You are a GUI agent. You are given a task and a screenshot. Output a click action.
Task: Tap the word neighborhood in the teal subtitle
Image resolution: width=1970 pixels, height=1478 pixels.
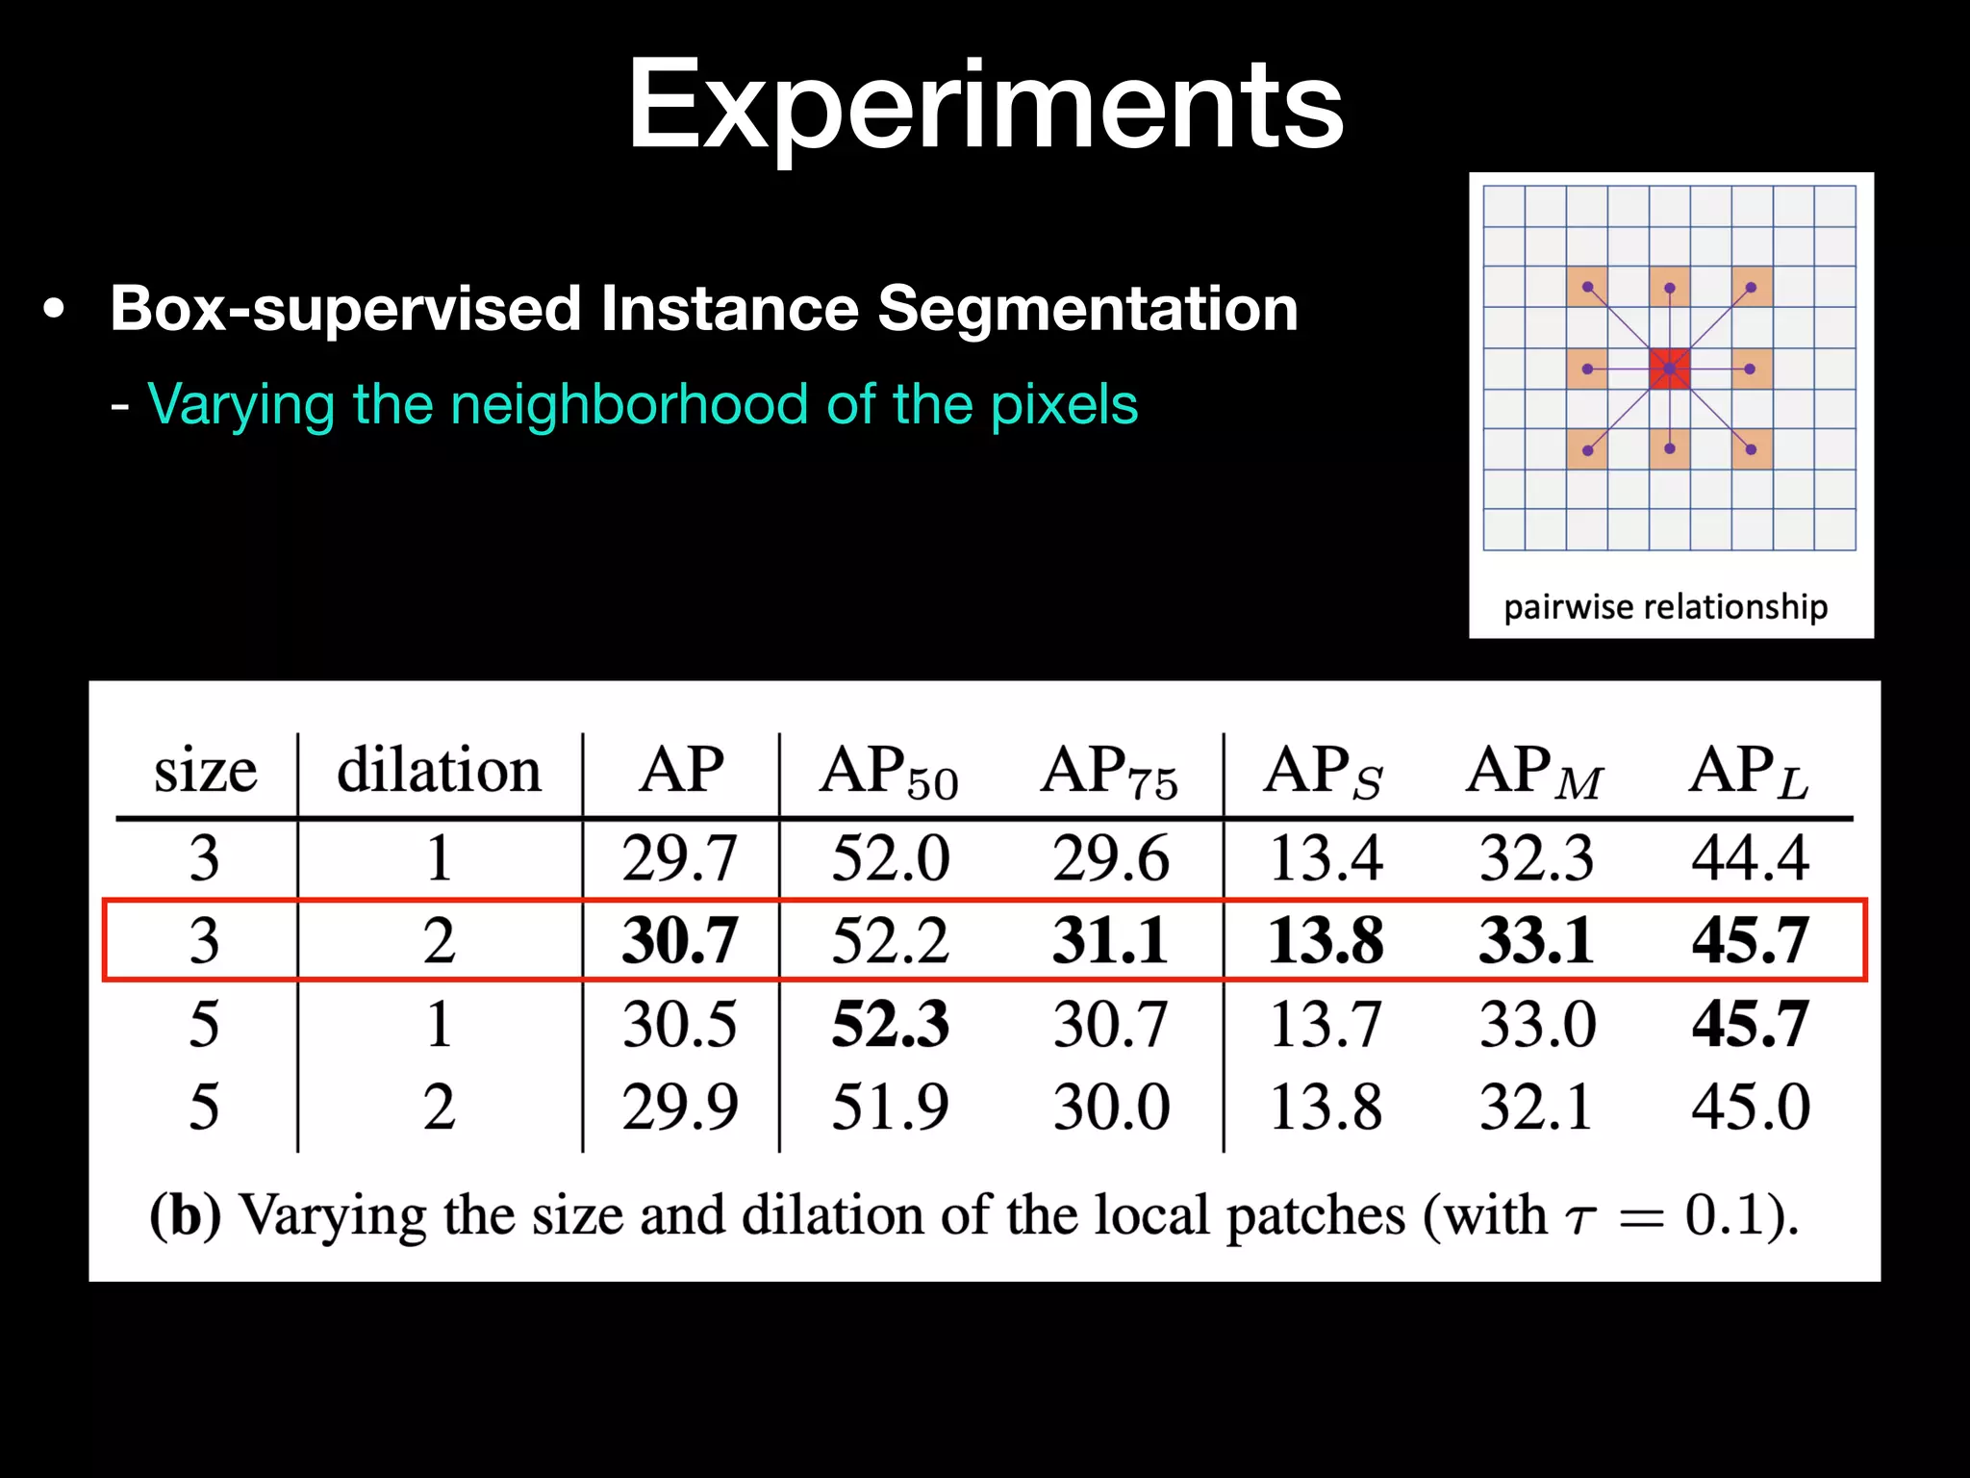click(630, 404)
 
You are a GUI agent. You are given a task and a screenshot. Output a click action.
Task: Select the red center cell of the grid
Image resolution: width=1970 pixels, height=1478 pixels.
click(1669, 369)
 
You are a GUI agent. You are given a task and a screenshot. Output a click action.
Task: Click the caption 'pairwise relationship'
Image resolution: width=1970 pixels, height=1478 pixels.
click(1665, 607)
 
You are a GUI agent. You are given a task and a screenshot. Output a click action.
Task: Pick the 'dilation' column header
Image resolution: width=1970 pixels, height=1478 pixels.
click(439, 771)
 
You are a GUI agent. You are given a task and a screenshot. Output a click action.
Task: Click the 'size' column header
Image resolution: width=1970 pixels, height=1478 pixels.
click(205, 773)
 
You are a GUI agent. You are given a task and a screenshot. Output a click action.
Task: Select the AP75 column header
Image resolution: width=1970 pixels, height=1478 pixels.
click(1109, 773)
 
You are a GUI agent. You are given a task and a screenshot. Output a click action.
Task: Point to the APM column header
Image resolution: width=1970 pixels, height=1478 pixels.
click(1535, 773)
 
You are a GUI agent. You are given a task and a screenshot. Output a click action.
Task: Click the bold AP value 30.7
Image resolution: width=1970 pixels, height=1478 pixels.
click(679, 941)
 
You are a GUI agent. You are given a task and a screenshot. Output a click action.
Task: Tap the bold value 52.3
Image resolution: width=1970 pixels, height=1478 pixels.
click(890, 1024)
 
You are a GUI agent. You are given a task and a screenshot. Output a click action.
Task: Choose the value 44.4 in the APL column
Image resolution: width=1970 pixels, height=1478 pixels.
click(1750, 858)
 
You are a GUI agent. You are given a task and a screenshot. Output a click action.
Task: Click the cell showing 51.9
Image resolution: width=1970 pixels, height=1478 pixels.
click(890, 1107)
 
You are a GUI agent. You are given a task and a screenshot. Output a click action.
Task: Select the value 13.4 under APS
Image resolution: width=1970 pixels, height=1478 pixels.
click(1326, 858)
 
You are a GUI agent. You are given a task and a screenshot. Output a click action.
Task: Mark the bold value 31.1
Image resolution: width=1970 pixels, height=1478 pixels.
click(1110, 941)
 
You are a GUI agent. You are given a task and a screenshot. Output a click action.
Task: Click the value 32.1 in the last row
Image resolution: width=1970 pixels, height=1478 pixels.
click(1536, 1107)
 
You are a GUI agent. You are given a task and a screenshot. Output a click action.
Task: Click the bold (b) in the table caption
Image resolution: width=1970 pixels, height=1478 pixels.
click(185, 1216)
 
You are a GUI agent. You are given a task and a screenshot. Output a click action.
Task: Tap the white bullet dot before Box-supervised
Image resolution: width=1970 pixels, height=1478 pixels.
click(55, 311)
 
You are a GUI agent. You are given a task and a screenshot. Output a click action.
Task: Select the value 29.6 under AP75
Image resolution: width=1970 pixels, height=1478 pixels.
click(1110, 858)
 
